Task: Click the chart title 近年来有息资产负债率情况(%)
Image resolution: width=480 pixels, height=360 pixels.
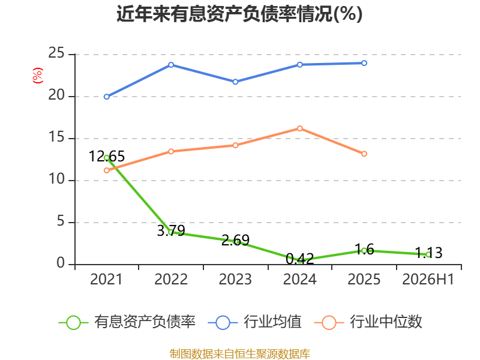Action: pyautogui.click(x=239, y=14)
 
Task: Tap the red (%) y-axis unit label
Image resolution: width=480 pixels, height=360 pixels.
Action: pyautogui.click(x=38, y=76)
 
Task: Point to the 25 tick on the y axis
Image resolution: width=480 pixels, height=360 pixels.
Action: pyautogui.click(x=56, y=53)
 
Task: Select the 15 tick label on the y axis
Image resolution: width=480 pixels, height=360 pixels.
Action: pyautogui.click(x=56, y=137)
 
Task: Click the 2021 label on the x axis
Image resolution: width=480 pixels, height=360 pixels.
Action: pyautogui.click(x=106, y=279)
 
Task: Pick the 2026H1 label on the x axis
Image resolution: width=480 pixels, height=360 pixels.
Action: pyautogui.click(x=428, y=279)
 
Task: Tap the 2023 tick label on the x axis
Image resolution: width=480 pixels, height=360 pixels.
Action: pyautogui.click(x=235, y=279)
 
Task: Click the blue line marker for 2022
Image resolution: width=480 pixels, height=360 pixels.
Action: pyautogui.click(x=171, y=65)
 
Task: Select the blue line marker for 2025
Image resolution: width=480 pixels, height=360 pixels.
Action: pyautogui.click(x=364, y=63)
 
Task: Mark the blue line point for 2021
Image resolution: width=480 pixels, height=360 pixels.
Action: pyautogui.click(x=107, y=97)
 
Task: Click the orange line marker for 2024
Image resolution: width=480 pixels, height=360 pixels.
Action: pyautogui.click(x=299, y=128)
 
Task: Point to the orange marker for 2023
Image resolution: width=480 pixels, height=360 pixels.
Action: pyautogui.click(x=235, y=145)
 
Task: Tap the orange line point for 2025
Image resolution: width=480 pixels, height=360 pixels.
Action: pyautogui.click(x=364, y=154)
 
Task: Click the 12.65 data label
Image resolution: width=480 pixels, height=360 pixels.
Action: pyautogui.click(x=107, y=157)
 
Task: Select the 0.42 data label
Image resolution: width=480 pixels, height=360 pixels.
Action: pyautogui.click(x=299, y=259)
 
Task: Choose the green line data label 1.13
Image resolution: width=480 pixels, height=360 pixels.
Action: pyautogui.click(x=428, y=253)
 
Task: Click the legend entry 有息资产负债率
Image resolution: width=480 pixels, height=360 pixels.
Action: pyautogui.click(x=127, y=322)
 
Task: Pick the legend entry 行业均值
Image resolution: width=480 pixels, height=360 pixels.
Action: pyautogui.click(x=254, y=322)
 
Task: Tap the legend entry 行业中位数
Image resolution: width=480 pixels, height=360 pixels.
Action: pyautogui.click(x=368, y=322)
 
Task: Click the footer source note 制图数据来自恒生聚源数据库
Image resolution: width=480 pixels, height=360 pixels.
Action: pyautogui.click(x=240, y=354)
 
